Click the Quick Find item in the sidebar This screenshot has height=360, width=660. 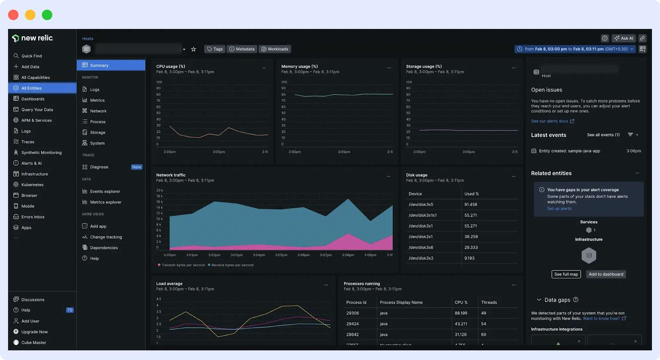[31, 56]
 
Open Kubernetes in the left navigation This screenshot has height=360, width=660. [32, 185]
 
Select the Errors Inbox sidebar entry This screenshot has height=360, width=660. [33, 217]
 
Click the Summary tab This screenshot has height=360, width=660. [99, 65]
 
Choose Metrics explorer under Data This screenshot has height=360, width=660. [105, 202]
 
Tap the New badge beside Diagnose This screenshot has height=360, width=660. [137, 167]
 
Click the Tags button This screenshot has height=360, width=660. [215, 49]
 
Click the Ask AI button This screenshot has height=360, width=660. [624, 38]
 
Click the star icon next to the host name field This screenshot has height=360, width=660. [194, 49]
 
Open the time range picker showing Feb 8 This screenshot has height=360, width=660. [575, 49]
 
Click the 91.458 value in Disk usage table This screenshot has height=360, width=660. [470, 204]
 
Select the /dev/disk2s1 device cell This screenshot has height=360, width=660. [421, 237]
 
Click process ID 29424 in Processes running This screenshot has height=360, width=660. [353, 324]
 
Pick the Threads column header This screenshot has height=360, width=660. [489, 302]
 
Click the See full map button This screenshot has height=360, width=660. [566, 274]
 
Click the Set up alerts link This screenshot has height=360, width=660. [559, 208]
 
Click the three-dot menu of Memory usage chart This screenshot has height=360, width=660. [389, 68]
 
